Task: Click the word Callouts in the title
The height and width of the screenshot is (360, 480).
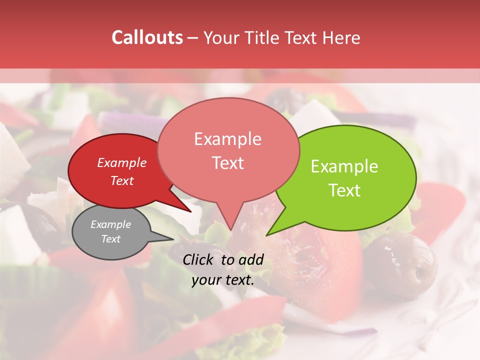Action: click(x=147, y=37)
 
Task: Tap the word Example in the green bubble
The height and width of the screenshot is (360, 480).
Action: click(x=344, y=166)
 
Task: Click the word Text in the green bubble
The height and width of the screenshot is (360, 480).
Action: click(x=344, y=190)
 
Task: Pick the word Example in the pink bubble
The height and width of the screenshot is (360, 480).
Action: click(x=227, y=139)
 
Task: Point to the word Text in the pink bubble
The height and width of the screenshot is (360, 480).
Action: click(x=227, y=163)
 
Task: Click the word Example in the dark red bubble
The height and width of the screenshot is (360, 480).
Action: click(x=121, y=162)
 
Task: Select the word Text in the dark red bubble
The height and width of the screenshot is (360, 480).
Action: click(x=121, y=180)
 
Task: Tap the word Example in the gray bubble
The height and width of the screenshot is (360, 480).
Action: click(x=110, y=224)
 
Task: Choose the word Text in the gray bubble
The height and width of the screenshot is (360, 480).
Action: click(x=110, y=239)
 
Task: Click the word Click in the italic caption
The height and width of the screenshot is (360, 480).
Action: click(x=198, y=259)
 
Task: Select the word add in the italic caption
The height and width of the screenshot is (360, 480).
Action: click(x=251, y=259)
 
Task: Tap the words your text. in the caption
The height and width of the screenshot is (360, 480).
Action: click(x=223, y=280)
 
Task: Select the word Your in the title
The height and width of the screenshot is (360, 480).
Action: click(x=221, y=37)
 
